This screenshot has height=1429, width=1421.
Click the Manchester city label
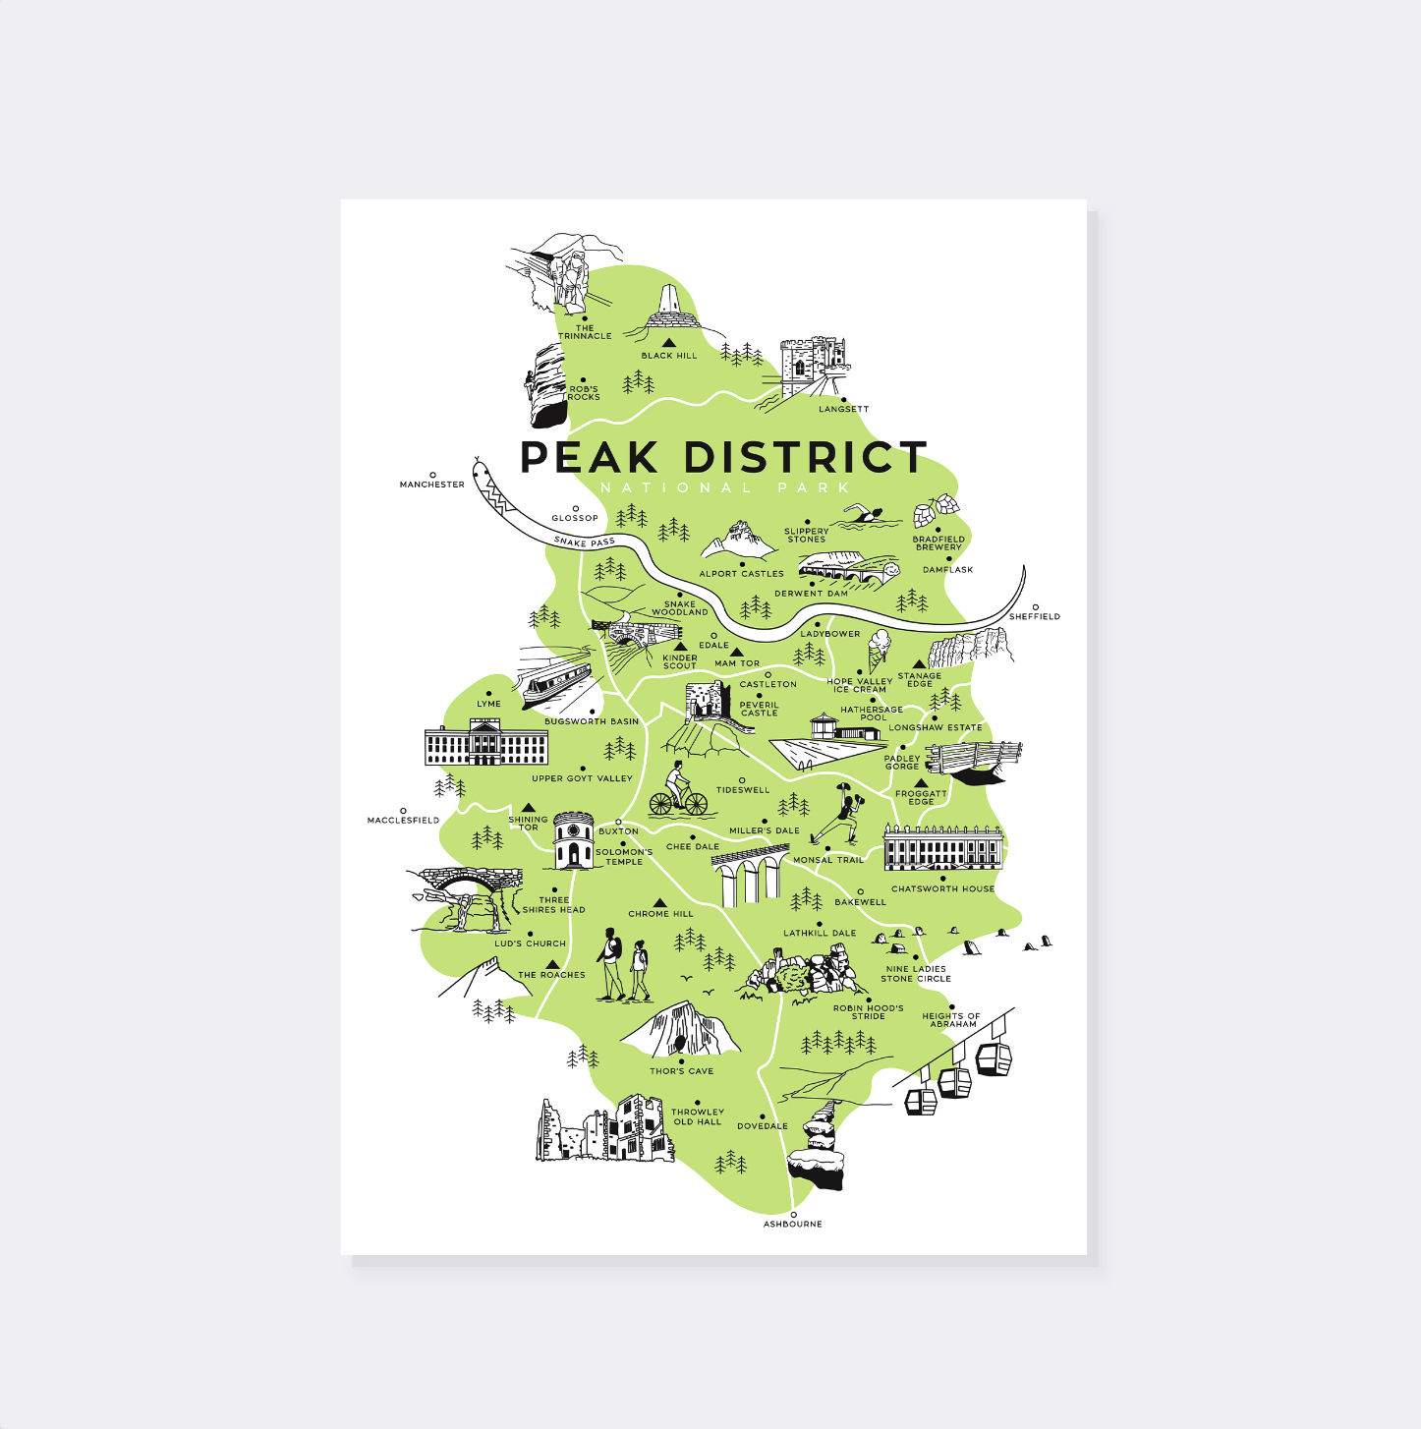click(x=431, y=485)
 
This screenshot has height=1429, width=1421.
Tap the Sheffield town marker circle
click(x=1035, y=607)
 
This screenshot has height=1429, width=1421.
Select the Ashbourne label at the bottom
click(x=792, y=1224)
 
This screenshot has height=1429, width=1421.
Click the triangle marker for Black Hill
click(x=668, y=343)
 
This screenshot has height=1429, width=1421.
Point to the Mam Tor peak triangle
click(x=736, y=652)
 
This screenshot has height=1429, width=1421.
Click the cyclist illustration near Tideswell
click(x=678, y=790)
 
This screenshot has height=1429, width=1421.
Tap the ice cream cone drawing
click(x=878, y=650)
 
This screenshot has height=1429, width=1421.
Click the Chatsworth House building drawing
click(x=942, y=847)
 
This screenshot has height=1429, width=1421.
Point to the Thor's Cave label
click(x=681, y=1071)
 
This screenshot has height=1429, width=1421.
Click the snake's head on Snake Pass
click(x=482, y=472)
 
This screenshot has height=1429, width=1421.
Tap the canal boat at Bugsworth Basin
click(x=555, y=682)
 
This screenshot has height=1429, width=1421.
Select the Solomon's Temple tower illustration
click(x=573, y=841)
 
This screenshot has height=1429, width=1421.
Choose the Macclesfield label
click(x=403, y=820)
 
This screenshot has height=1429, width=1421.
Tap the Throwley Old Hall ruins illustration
click(x=605, y=1129)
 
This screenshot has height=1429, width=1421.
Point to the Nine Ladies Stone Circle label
click(x=916, y=974)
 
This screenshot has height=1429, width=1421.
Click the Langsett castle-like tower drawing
click(x=812, y=367)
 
